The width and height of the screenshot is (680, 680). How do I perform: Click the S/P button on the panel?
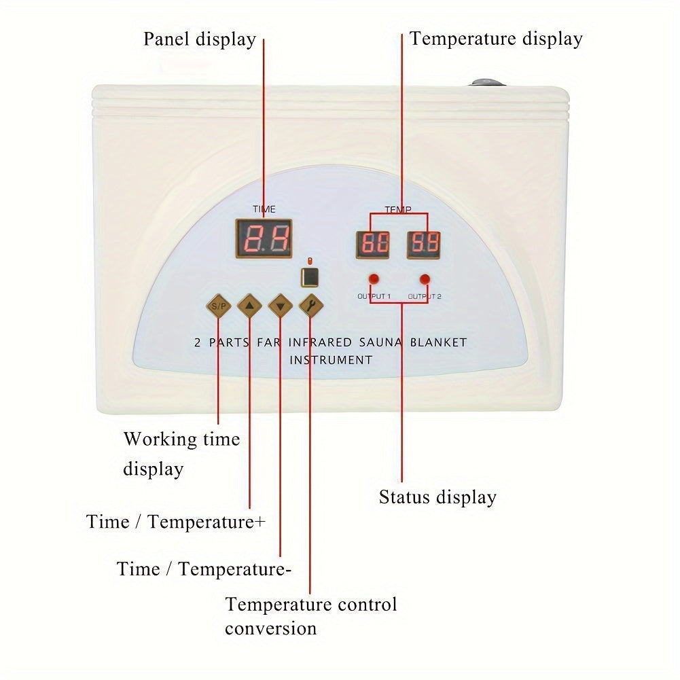tap(219, 306)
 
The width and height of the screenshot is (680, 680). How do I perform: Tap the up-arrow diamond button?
tap(250, 306)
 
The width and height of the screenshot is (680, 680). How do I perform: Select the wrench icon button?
tap(311, 306)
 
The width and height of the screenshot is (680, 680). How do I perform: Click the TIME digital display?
tap(264, 238)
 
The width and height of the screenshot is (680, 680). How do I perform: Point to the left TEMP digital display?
tap(373, 245)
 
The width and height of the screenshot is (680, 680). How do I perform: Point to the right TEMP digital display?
tap(424, 245)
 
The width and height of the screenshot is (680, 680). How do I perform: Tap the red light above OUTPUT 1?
tap(373, 279)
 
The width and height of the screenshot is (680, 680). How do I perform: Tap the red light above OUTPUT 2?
tap(425, 279)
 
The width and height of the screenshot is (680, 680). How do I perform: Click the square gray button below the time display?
tap(310, 276)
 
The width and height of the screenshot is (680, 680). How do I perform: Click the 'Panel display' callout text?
tap(199, 39)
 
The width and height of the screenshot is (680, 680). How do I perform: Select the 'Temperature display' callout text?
tap(496, 39)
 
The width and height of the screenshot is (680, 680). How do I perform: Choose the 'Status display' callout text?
tap(437, 497)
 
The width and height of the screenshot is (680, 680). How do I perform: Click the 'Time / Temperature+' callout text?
tap(176, 522)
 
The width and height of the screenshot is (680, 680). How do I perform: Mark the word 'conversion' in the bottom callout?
tap(270, 628)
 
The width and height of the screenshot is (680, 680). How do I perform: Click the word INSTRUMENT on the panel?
tap(331, 360)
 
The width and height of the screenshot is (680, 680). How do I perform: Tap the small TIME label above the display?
tap(264, 209)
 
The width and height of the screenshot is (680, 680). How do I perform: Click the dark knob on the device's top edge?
tap(488, 83)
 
